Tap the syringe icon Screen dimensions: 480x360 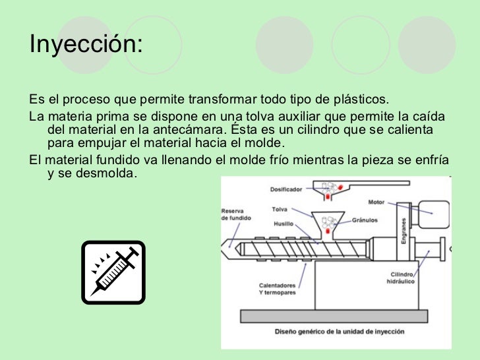[x=113, y=272]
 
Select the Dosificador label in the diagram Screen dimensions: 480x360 [x=286, y=189]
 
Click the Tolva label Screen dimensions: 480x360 [x=280, y=210]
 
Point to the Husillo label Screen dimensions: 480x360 [x=284, y=224]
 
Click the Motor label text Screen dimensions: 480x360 [x=376, y=202]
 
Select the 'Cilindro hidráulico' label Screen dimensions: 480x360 [x=402, y=278]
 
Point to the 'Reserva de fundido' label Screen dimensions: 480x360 [x=235, y=214]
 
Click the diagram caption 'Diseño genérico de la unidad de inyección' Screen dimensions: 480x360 [x=340, y=331]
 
